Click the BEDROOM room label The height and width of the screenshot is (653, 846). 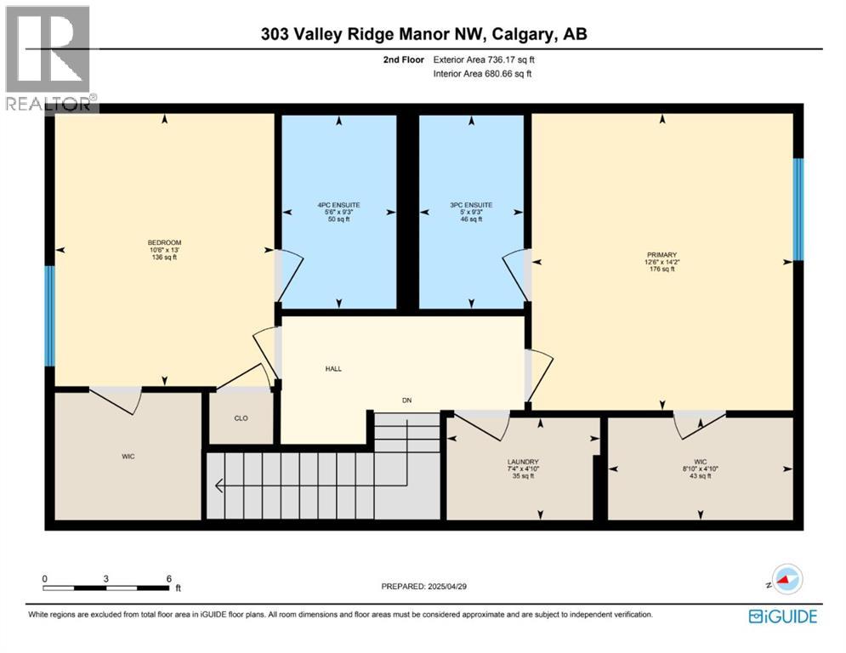coord(164,242)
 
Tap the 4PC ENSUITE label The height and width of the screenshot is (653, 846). coord(339,205)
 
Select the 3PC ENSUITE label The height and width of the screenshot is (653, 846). coord(471,205)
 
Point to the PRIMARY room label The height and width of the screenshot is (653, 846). coord(661,254)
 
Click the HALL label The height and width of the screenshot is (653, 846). coord(334,369)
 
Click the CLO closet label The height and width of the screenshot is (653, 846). coord(241,417)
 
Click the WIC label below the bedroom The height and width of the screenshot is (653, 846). coord(128,457)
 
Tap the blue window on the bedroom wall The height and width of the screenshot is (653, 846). coord(49,315)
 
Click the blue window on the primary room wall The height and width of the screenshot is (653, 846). coord(798,209)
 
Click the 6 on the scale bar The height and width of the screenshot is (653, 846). coord(168,578)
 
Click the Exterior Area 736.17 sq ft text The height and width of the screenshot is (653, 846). coord(484,60)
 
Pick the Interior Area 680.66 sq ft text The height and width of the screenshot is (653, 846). coord(484,74)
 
